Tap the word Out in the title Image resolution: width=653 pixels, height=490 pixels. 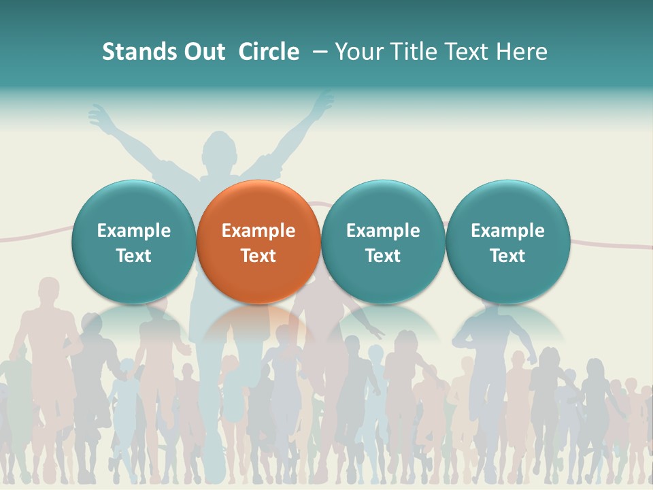pos(203,52)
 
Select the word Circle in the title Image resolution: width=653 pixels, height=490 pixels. pos(269,52)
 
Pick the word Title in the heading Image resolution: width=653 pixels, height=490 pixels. pos(410,52)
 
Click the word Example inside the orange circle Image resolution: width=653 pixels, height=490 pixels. pos(258,231)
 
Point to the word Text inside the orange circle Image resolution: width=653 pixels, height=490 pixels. pos(258,256)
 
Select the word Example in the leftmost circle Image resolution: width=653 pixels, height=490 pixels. pos(133,231)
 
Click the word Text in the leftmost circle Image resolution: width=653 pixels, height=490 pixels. pos(133,256)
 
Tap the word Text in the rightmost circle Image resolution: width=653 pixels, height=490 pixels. pos(508,256)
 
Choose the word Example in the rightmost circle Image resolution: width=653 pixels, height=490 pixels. pos(508,231)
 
